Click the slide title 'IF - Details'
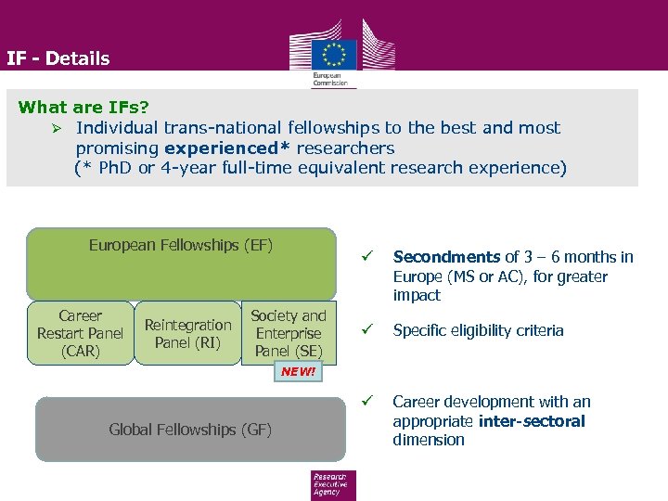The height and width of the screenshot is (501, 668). pyautogui.click(x=58, y=58)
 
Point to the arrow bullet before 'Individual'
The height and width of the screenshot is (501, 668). pyautogui.click(x=58, y=128)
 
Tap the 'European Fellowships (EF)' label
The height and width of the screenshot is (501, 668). pyautogui.click(x=181, y=245)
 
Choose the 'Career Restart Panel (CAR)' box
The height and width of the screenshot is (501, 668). pyautogui.click(x=80, y=333)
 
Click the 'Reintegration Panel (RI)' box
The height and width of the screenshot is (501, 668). pyautogui.click(x=187, y=333)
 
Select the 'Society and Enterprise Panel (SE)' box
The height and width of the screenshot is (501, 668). pyautogui.click(x=289, y=333)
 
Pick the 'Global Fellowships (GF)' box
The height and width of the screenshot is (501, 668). pyautogui.click(x=190, y=430)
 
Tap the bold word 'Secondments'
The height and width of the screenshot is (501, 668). pyautogui.click(x=446, y=257)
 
